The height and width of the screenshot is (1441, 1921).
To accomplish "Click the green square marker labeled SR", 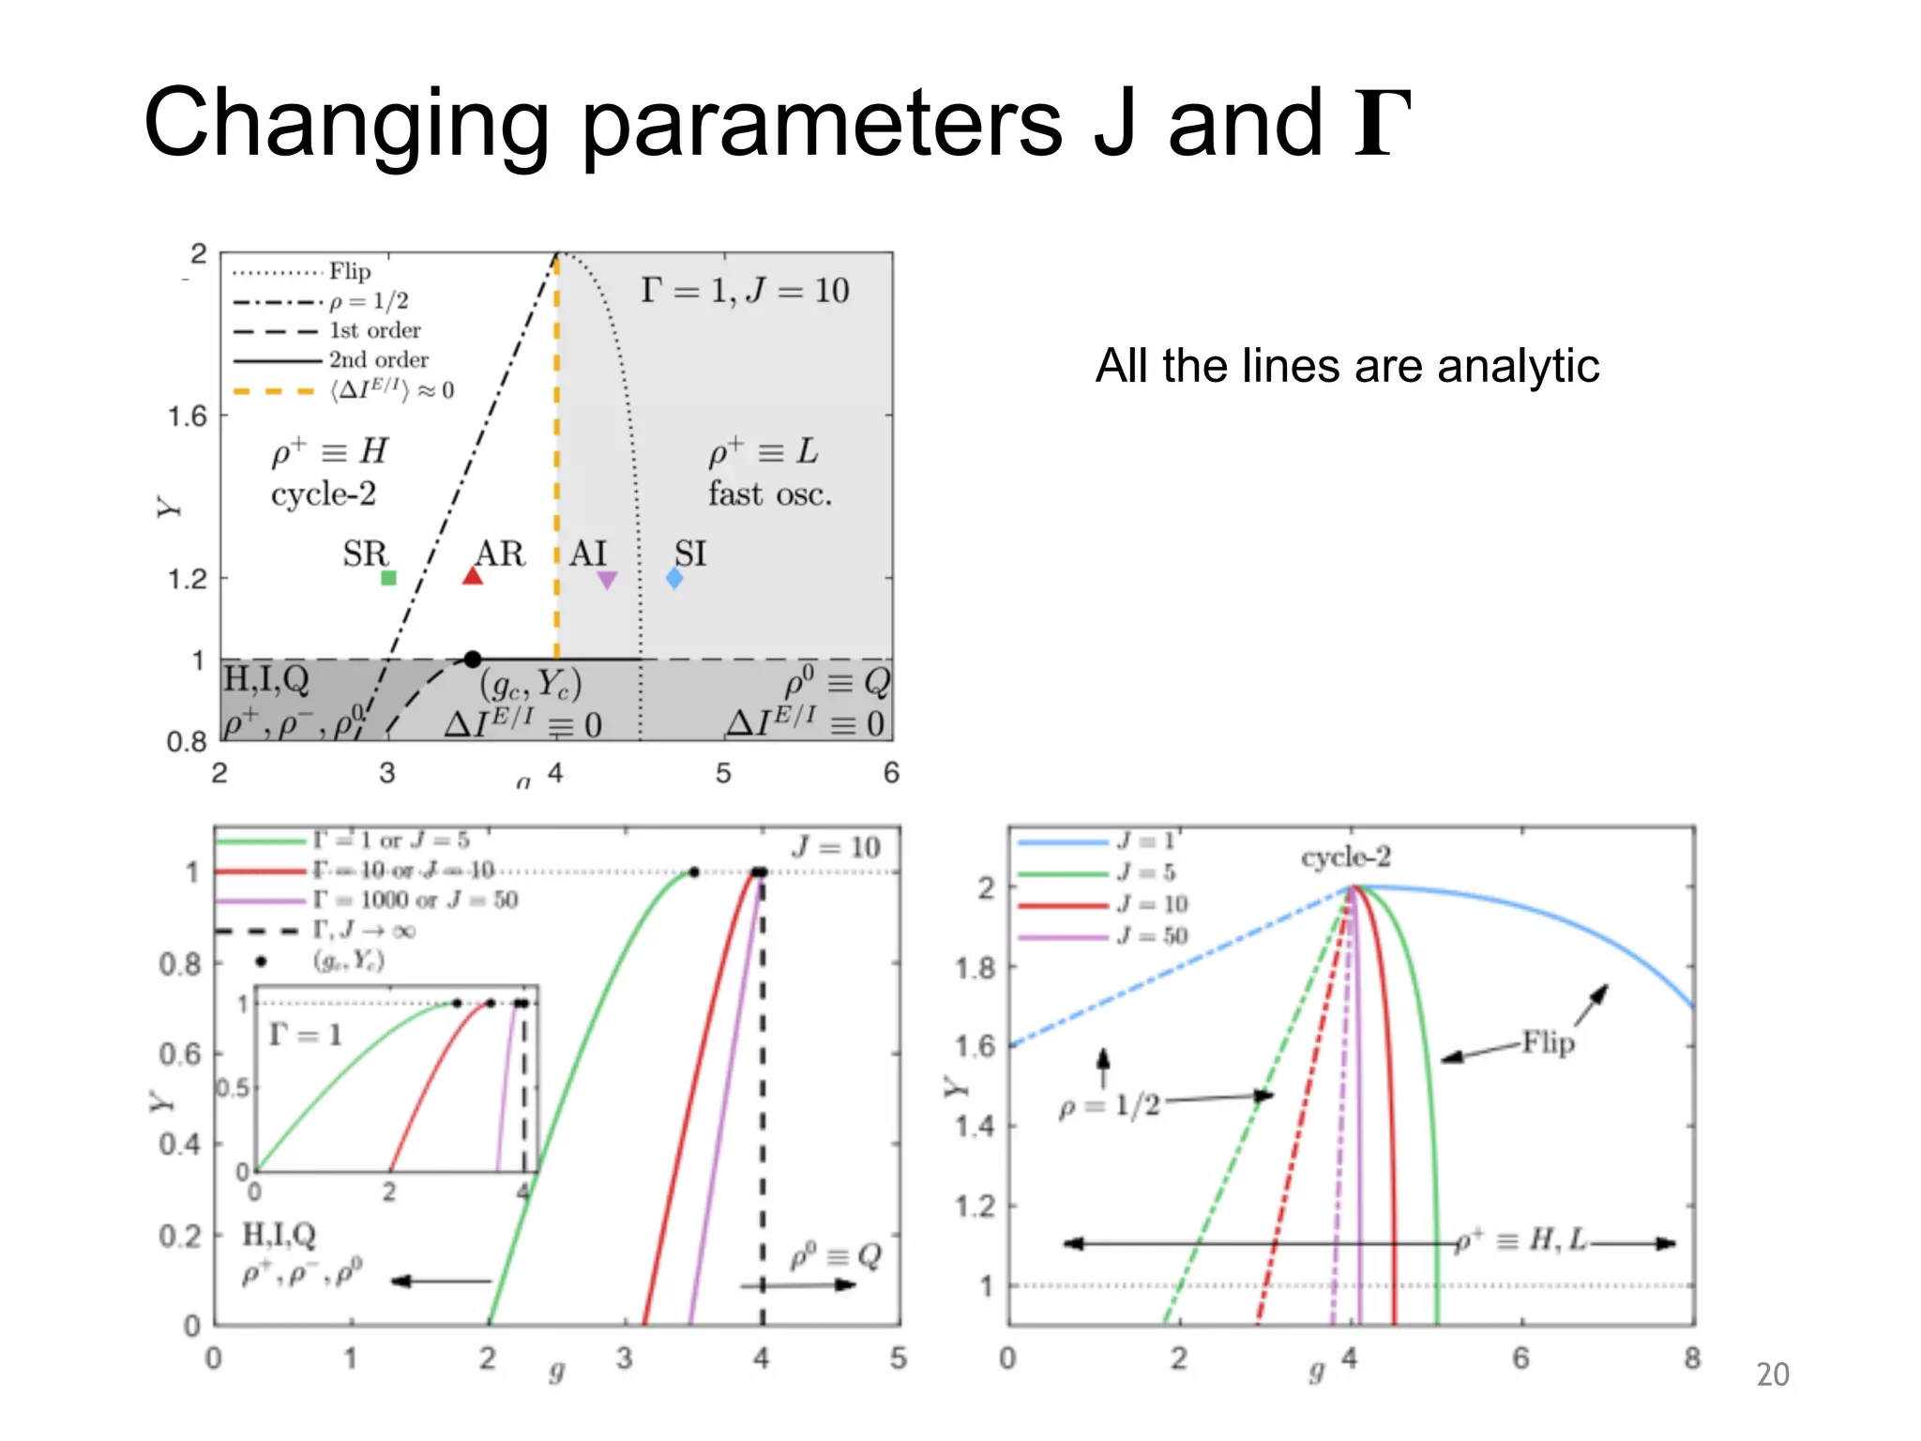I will (388, 578).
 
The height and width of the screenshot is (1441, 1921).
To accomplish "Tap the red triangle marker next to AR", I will (473, 576).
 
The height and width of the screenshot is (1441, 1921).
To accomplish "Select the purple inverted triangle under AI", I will (607, 580).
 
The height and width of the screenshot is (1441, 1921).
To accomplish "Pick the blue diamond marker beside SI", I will (674, 579).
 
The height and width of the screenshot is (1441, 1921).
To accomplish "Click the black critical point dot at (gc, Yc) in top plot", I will (473, 660).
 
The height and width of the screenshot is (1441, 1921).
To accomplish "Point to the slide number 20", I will (1772, 1374).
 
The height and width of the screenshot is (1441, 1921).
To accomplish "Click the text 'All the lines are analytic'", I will (1347, 366).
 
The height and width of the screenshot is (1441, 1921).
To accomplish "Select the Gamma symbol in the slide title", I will (1383, 124).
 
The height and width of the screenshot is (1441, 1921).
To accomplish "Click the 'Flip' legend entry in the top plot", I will (350, 272).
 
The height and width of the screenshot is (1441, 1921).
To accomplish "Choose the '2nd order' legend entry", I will (378, 360).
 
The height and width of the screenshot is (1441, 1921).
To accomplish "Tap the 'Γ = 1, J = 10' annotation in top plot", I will (745, 291).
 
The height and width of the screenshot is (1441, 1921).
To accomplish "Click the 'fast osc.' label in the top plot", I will (769, 494).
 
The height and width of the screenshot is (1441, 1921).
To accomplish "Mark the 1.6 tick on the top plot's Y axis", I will (187, 417).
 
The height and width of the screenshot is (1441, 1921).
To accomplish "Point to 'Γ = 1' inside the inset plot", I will (305, 1035).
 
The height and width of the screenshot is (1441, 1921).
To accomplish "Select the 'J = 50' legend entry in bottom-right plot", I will (1153, 935).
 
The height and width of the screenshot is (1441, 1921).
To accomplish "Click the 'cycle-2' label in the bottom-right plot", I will (1345, 857).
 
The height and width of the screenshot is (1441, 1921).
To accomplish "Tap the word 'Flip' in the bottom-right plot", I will (1548, 1042).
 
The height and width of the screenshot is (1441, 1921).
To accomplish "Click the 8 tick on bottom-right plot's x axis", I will (1692, 1358).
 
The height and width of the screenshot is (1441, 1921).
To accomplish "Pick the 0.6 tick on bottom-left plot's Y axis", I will (180, 1054).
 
